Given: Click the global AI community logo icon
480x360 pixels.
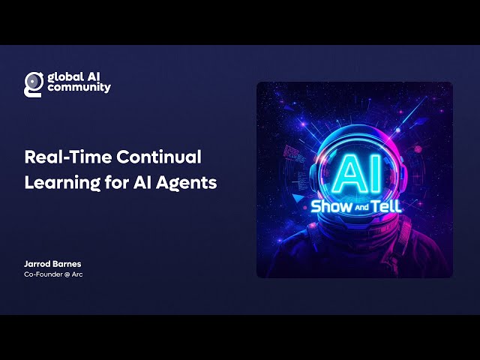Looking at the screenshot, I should point(33,82).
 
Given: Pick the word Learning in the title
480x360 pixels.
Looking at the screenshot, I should point(58,182).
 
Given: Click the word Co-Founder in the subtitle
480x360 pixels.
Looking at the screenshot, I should point(43,275).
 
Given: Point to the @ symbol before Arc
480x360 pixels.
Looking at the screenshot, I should point(69,275).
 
